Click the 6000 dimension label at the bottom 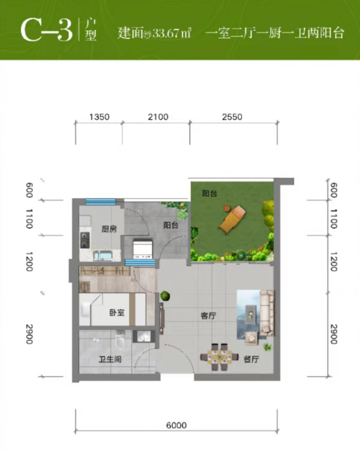click(x=176, y=425)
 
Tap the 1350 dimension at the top click(x=99, y=117)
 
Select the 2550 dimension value click(x=232, y=117)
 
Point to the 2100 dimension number click(x=158, y=117)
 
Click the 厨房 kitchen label click(x=109, y=229)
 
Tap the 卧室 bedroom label click(x=117, y=312)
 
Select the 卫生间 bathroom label click(x=110, y=359)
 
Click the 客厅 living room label click(x=208, y=316)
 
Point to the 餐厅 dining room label click(x=251, y=359)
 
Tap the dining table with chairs click(x=219, y=357)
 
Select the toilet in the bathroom click(x=120, y=339)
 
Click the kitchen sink click(x=103, y=255)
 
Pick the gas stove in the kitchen click(x=85, y=240)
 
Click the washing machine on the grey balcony click(x=142, y=249)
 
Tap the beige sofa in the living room click(x=267, y=313)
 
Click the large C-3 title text click(x=47, y=30)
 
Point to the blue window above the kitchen click(x=100, y=202)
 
